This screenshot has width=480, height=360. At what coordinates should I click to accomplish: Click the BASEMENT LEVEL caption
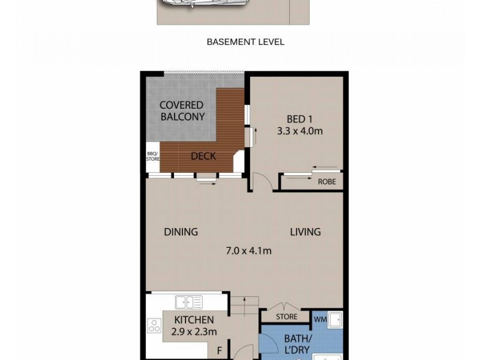245,42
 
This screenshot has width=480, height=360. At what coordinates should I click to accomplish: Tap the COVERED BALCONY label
182,111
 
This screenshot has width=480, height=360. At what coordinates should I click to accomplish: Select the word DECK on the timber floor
203,157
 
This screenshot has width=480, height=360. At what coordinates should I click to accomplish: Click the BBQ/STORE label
153,157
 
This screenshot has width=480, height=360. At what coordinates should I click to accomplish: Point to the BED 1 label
296,118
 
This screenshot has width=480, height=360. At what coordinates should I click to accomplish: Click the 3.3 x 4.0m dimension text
300,130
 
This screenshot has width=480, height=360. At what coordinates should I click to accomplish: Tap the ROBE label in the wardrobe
326,182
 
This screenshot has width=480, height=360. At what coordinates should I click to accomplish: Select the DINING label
181,232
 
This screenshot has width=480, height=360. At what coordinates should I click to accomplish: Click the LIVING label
305,232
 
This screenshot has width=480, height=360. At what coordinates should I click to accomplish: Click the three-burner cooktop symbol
154,327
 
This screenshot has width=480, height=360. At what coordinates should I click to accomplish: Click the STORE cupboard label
286,317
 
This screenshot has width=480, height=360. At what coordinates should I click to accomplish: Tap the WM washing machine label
320,319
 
